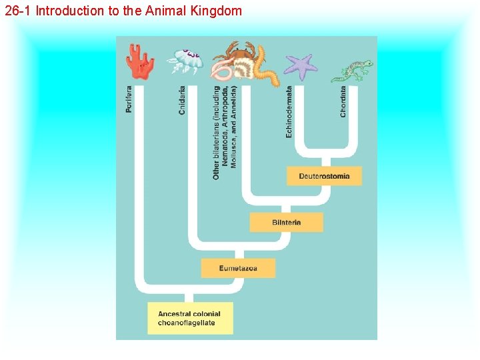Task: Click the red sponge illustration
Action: click(140, 61)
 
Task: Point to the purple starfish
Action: click(301, 66)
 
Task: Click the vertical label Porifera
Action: click(129, 99)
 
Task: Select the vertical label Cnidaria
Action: click(182, 101)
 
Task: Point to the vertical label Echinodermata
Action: click(289, 111)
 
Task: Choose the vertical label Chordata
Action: click(343, 101)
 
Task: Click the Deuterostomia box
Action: click(324, 176)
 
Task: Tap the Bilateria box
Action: click(286, 222)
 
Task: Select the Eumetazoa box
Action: click(238, 268)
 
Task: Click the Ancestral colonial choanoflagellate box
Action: click(190, 318)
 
